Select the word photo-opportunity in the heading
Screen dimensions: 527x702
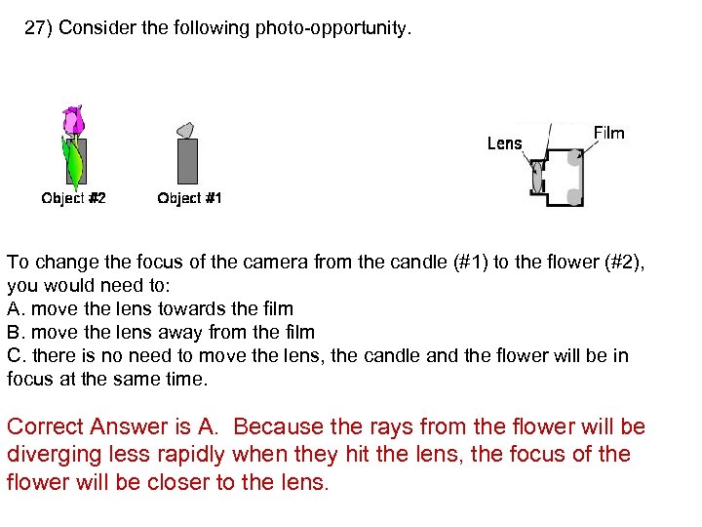(x=333, y=28)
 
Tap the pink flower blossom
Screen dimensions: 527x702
(x=73, y=121)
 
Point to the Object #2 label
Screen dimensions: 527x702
(x=73, y=198)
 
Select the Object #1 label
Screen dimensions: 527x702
(x=189, y=198)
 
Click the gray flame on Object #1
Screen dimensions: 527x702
(x=185, y=129)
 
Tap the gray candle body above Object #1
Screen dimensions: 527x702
(x=187, y=161)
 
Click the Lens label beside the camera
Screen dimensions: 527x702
(x=504, y=143)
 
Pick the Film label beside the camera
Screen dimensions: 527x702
(x=608, y=133)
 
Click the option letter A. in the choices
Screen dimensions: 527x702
(x=16, y=308)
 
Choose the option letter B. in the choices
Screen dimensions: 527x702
(x=16, y=332)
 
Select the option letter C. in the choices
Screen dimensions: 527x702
(x=17, y=355)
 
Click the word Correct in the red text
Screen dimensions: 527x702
(x=44, y=427)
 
